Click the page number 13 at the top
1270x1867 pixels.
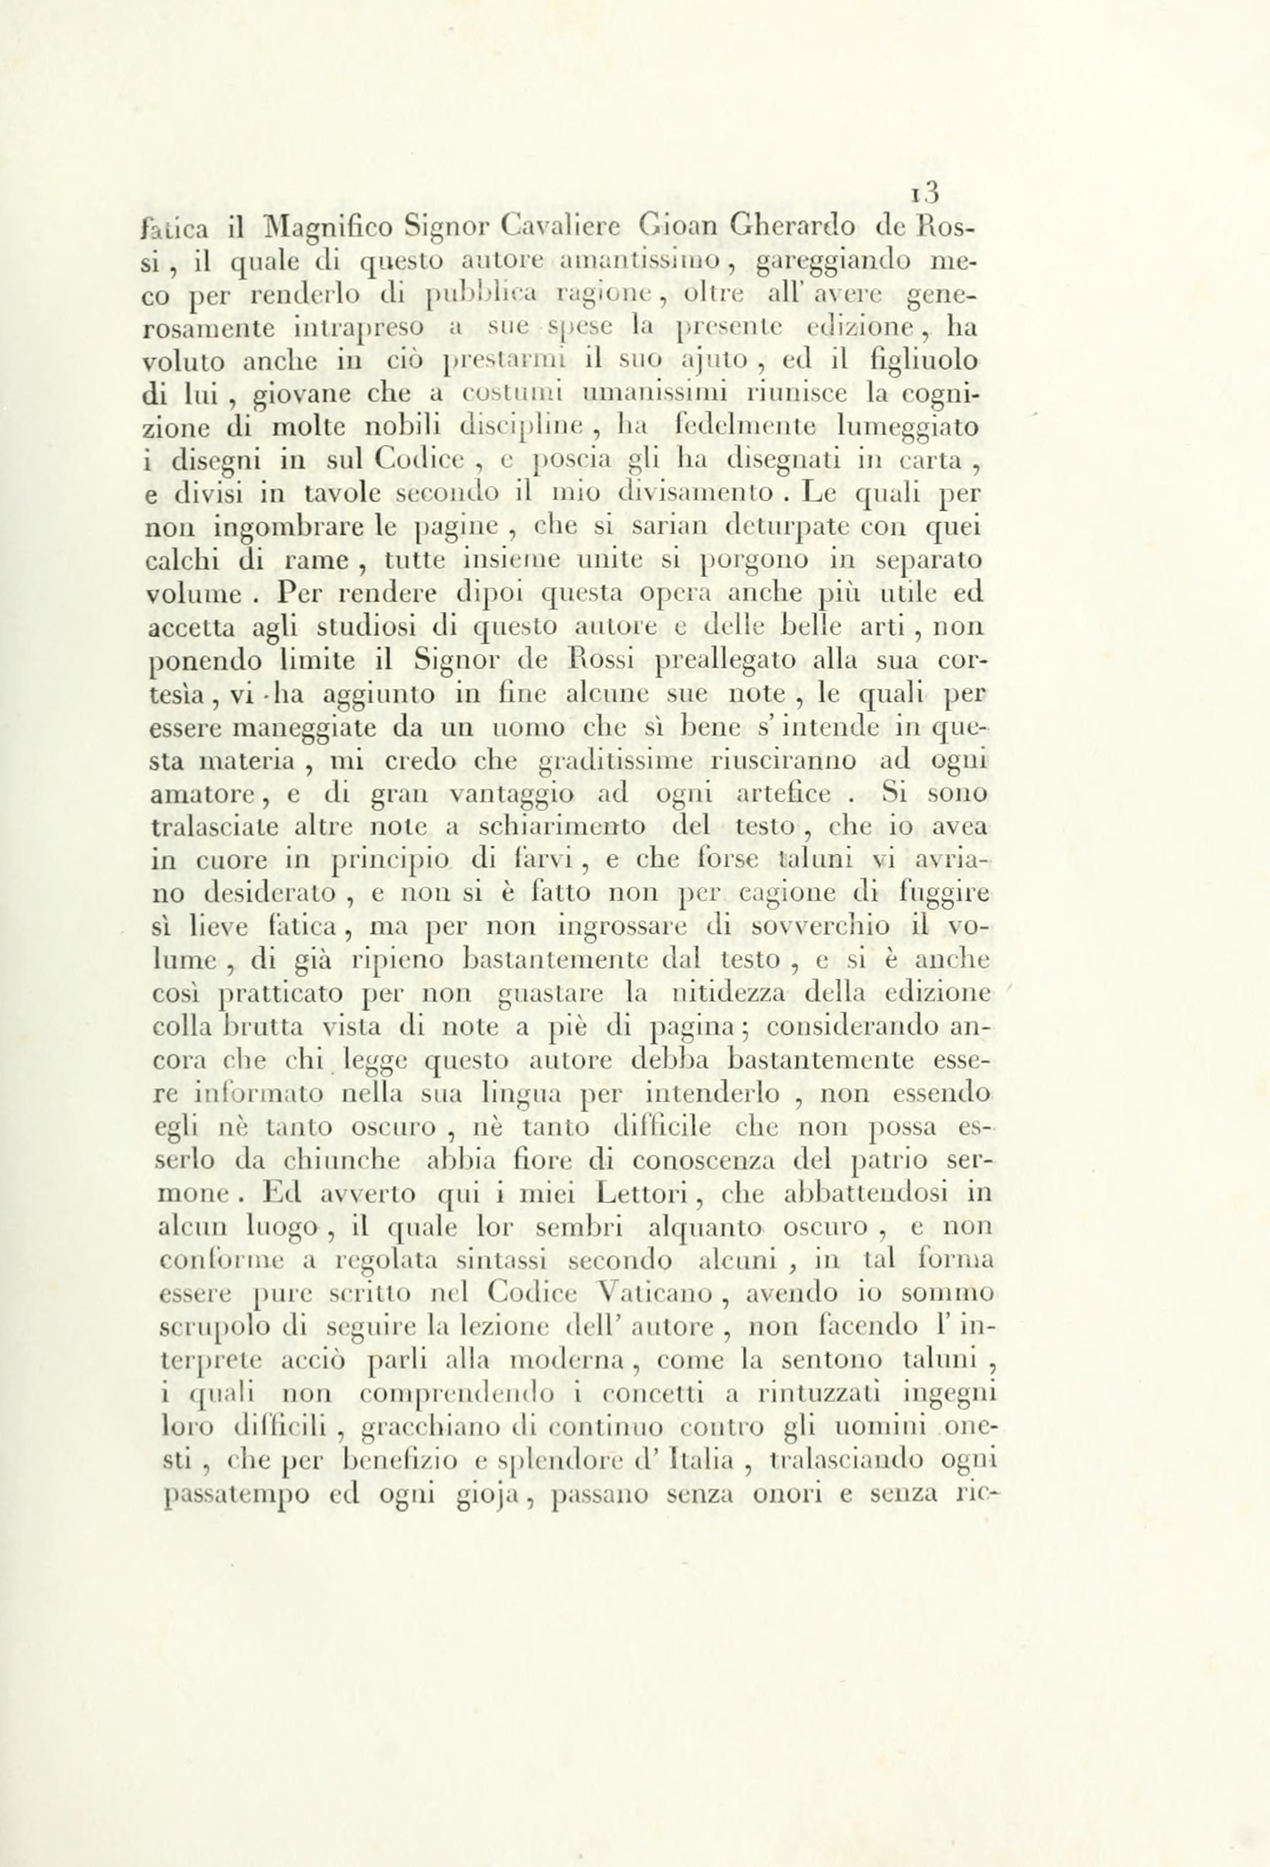pyautogui.click(x=927, y=192)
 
